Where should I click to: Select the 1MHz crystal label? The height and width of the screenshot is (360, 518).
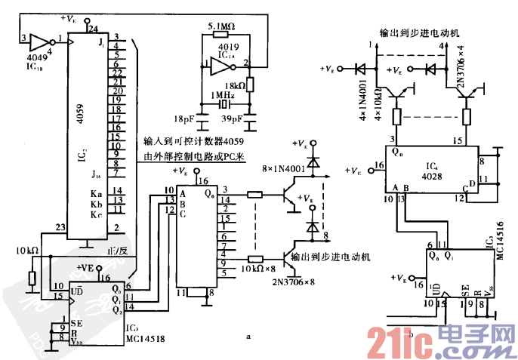click(224, 96)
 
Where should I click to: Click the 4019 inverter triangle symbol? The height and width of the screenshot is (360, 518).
click(222, 67)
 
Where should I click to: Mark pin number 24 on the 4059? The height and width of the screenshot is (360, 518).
click(93, 29)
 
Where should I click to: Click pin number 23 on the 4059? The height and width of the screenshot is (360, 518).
click(60, 226)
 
